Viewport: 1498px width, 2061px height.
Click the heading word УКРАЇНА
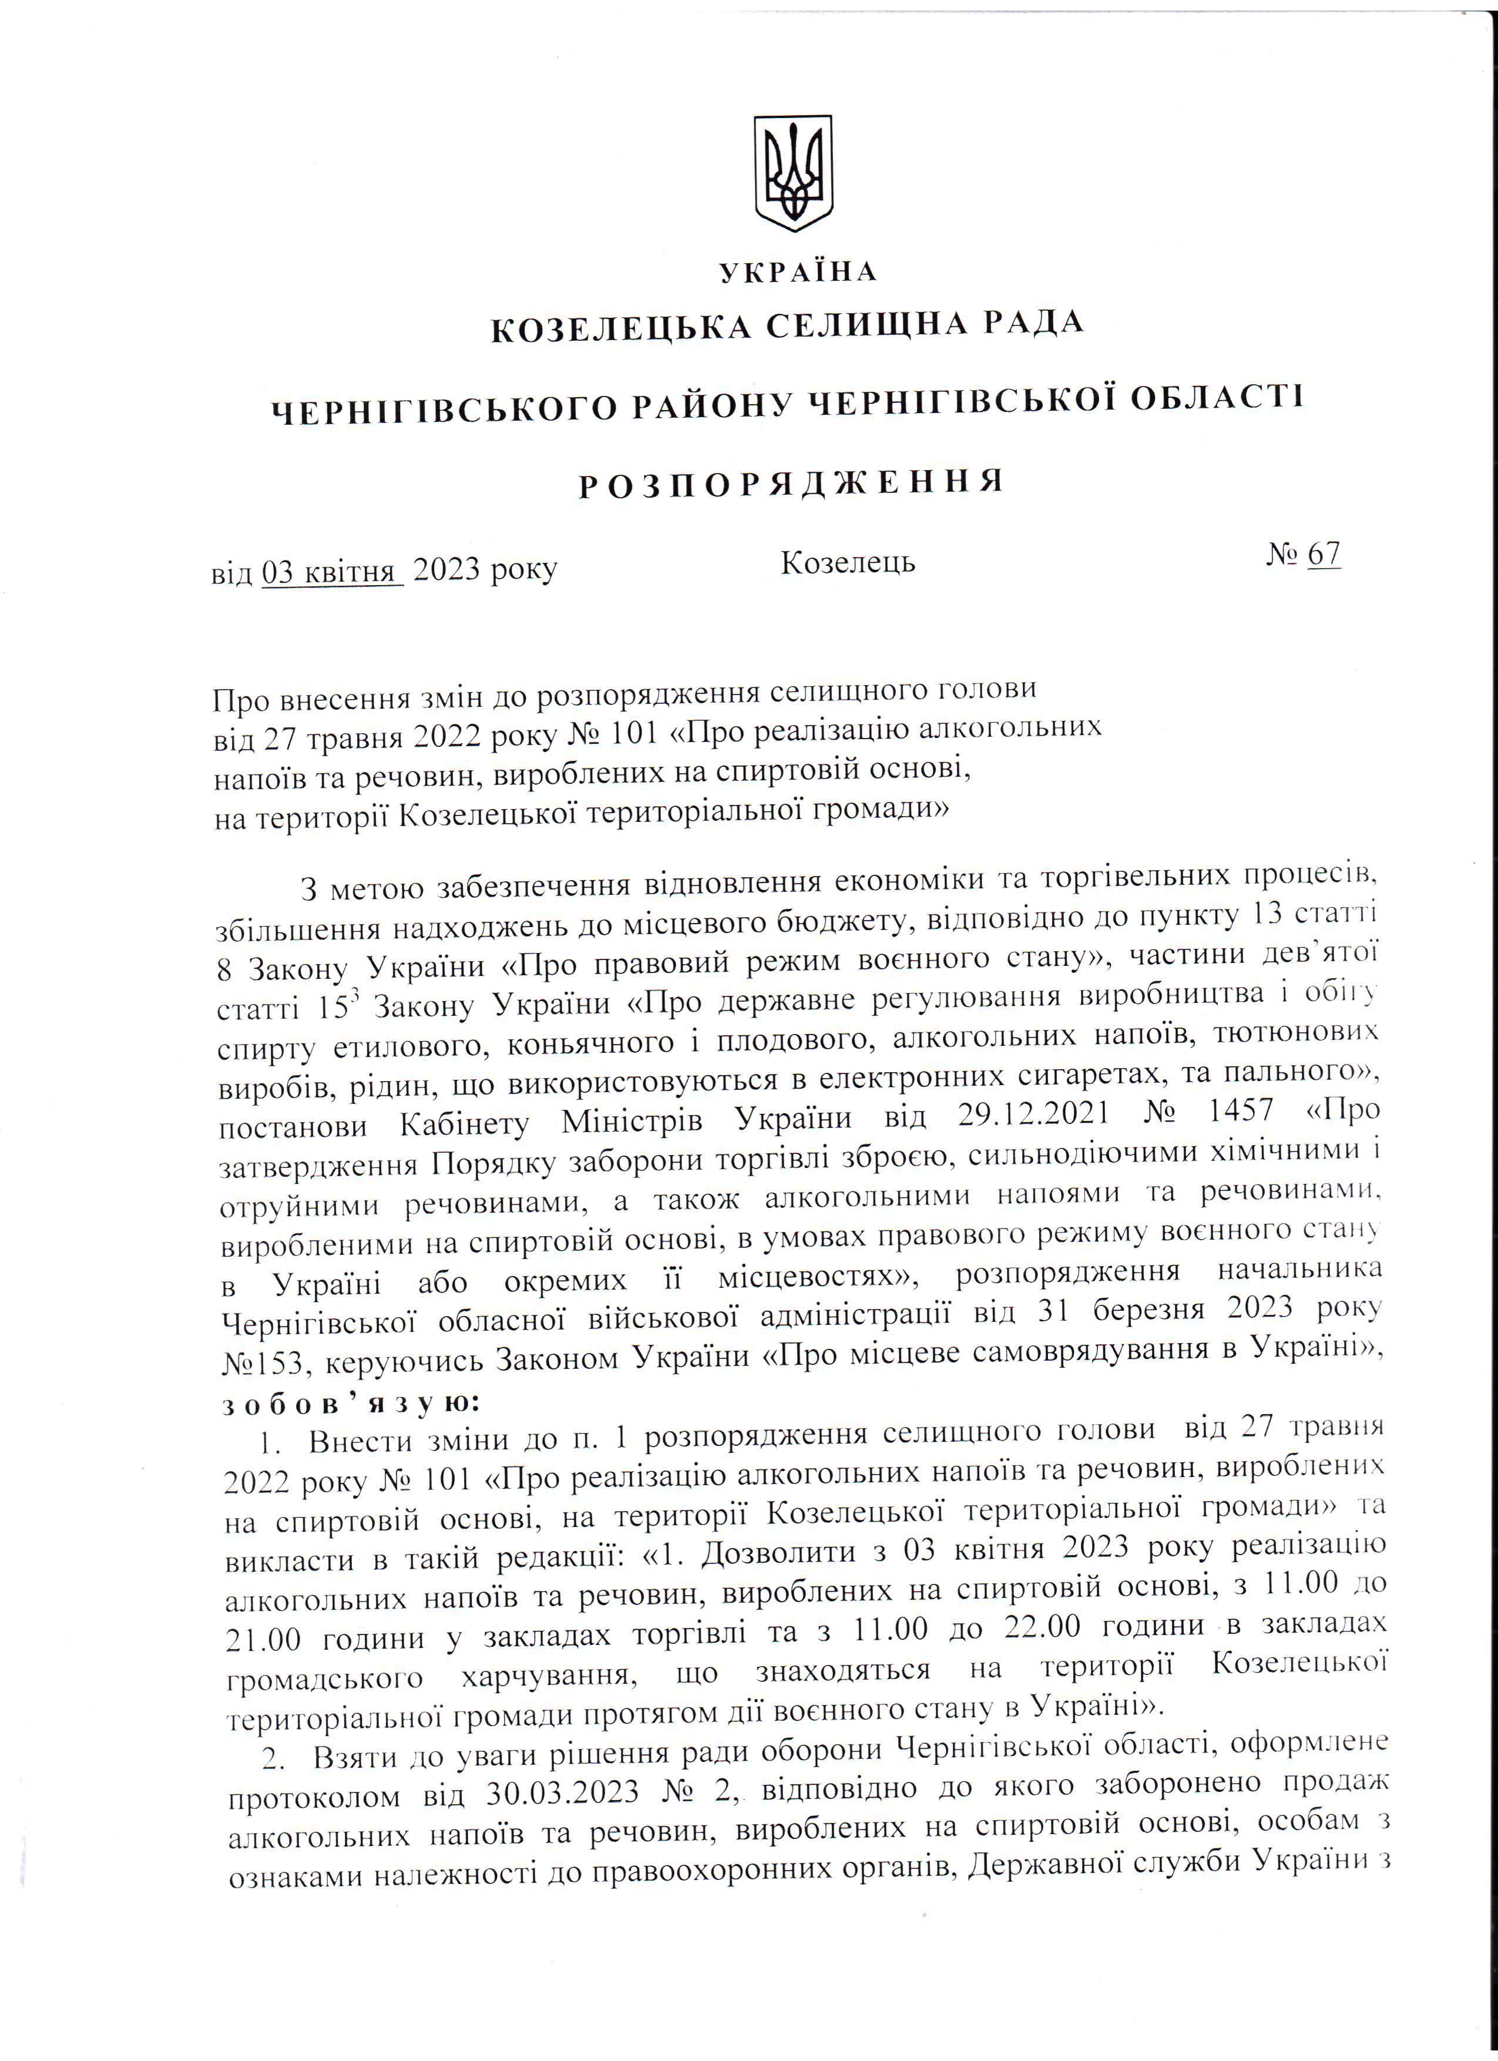(x=798, y=271)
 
